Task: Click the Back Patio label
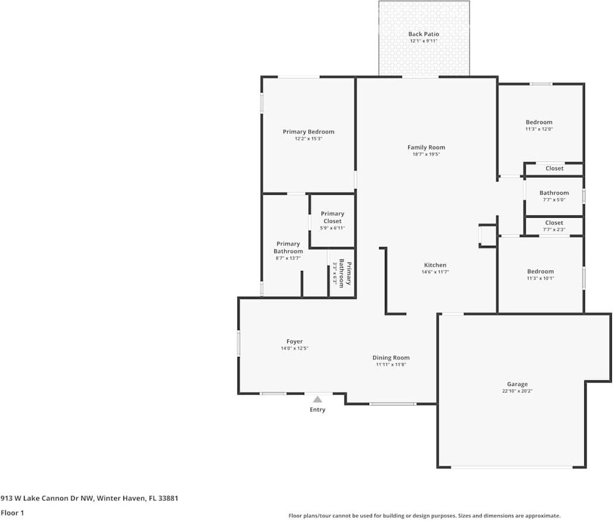click(423, 34)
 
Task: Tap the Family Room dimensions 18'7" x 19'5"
click(426, 154)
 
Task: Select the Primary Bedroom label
click(308, 132)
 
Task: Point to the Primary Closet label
click(332, 217)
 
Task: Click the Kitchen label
click(435, 265)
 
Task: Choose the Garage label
click(517, 384)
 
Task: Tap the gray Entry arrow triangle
click(317, 399)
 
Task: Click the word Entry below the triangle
click(317, 410)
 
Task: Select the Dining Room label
click(391, 358)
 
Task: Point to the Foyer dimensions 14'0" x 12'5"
click(294, 348)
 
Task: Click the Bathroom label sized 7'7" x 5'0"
click(554, 193)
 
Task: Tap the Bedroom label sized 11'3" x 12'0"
click(539, 122)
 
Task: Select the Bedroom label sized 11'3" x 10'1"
click(540, 272)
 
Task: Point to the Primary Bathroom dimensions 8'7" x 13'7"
click(288, 258)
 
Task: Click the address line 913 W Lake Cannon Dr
click(89, 499)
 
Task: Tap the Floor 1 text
click(13, 513)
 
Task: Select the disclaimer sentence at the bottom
click(424, 516)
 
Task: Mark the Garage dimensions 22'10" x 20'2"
click(517, 391)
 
